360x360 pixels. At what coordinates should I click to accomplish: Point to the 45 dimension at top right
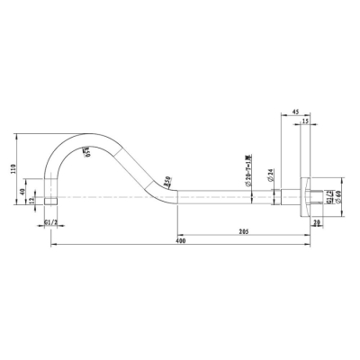click(295, 112)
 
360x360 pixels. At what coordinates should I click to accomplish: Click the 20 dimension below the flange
click(316, 222)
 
